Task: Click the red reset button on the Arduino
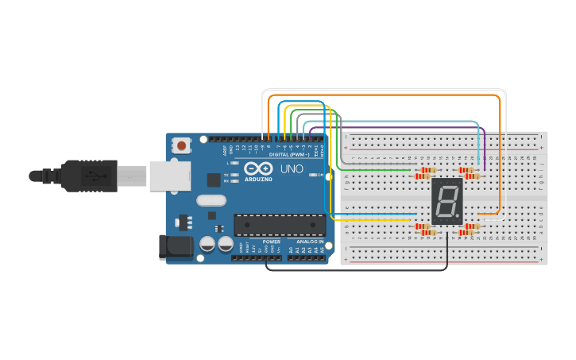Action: click(x=182, y=145)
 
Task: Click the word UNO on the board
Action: click(x=292, y=168)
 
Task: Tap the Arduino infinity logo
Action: click(x=259, y=168)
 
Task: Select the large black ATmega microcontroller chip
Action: click(x=279, y=225)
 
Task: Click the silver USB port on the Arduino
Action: click(x=169, y=176)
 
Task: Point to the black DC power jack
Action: click(x=176, y=246)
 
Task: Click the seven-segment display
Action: click(x=446, y=200)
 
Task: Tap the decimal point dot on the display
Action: click(x=458, y=217)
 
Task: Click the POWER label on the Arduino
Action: click(x=272, y=242)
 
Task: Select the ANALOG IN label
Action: click(x=310, y=242)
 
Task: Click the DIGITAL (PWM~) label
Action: click(x=289, y=154)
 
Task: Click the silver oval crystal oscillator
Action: click(x=211, y=200)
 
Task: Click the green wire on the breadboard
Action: click(x=373, y=170)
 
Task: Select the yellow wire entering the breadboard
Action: click(x=373, y=219)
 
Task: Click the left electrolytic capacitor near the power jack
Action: click(x=207, y=244)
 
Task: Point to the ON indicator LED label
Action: click(x=320, y=175)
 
